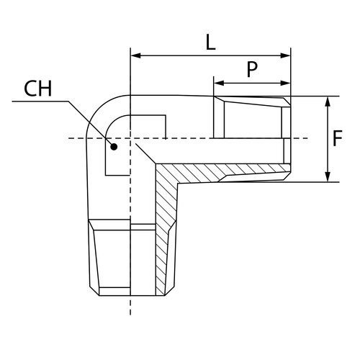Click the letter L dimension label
pos(211,42)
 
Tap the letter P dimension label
pos(252,69)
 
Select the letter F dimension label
pos(337,138)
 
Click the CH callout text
pos(38,89)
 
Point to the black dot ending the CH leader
pos(114,146)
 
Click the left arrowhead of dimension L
pos(136,55)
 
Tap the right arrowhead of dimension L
pos(285,55)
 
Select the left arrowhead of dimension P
pos(219,84)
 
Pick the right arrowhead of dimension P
pos(285,84)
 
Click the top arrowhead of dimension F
pos(328,102)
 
